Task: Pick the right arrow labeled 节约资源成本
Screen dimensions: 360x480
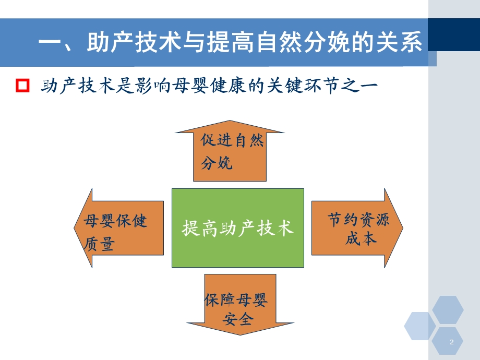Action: (x=357, y=228)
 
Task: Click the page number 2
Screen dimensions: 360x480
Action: (x=451, y=342)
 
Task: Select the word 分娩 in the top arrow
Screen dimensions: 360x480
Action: (x=216, y=163)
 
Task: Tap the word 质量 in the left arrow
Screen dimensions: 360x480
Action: (x=99, y=244)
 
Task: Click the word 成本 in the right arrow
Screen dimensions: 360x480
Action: (x=361, y=238)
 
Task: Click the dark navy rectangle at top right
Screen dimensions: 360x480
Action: (x=454, y=34)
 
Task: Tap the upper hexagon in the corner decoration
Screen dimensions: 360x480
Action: (x=448, y=309)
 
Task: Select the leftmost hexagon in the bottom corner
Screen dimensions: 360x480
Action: (x=419, y=326)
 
